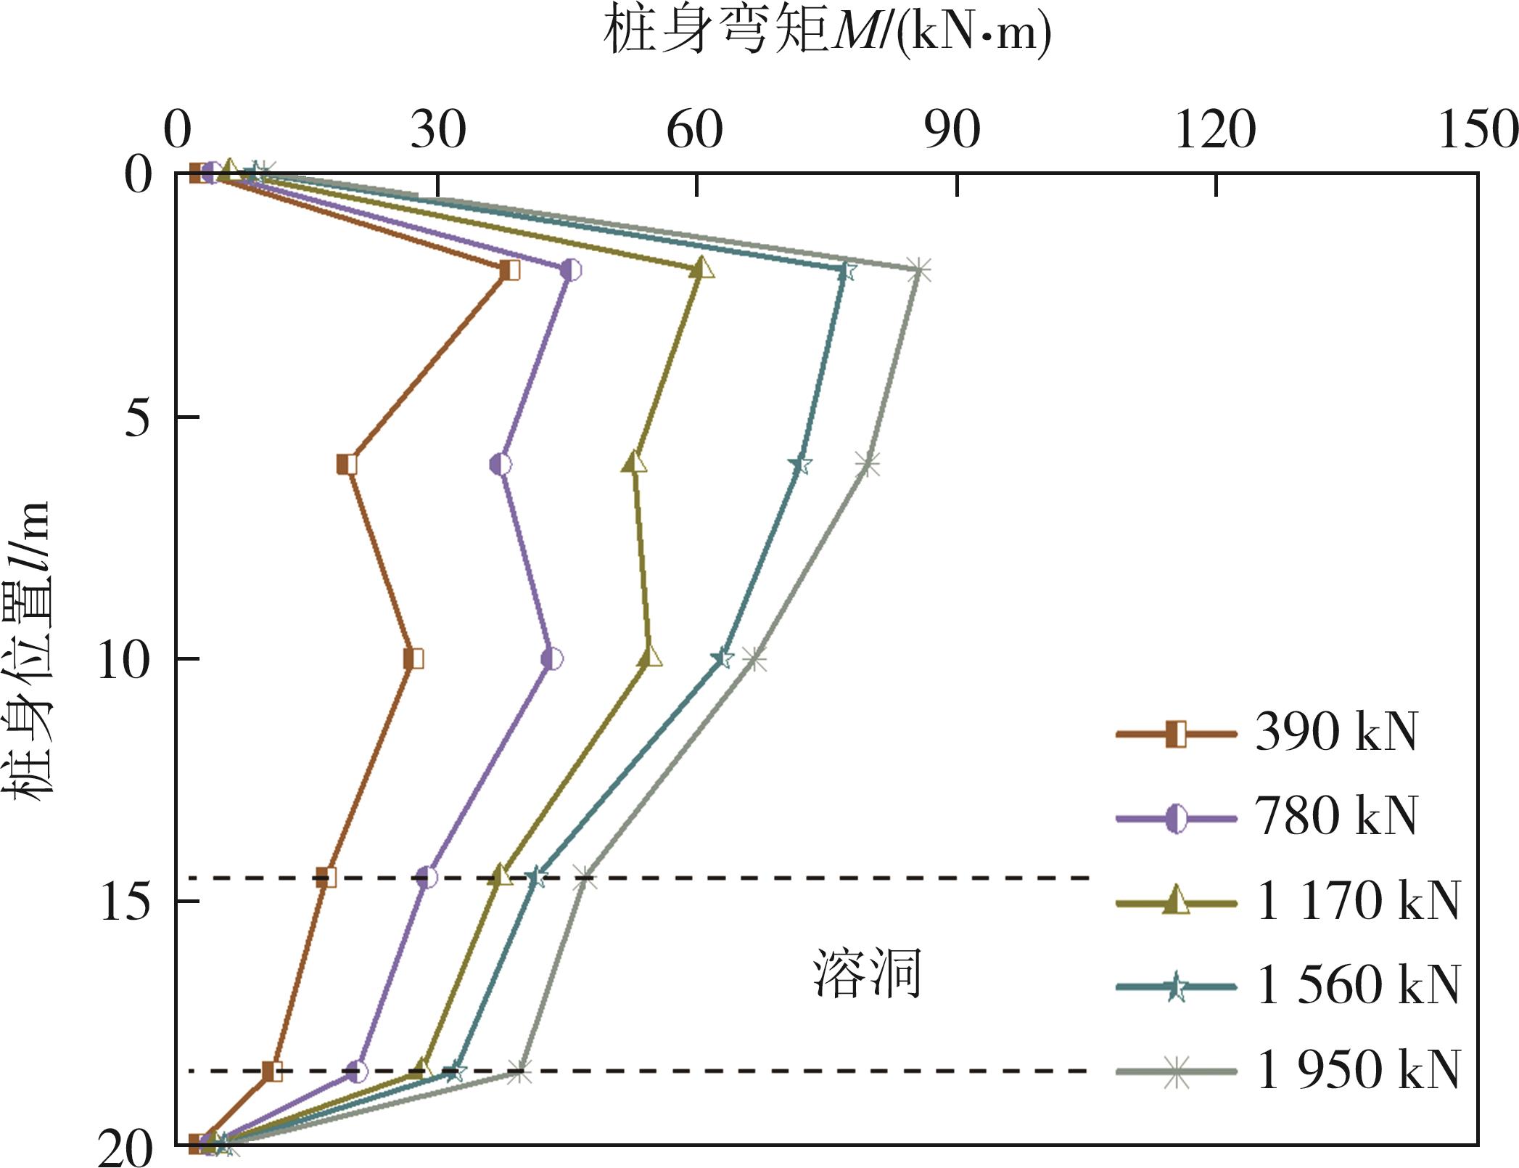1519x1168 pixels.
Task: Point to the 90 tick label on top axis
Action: tap(952, 131)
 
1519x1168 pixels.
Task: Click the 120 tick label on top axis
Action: tap(1215, 131)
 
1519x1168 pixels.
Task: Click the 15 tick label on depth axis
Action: tap(125, 902)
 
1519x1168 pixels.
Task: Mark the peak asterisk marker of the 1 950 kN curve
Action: tap(919, 270)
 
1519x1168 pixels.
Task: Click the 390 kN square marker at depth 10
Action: tap(413, 659)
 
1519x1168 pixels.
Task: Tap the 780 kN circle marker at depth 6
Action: tap(501, 464)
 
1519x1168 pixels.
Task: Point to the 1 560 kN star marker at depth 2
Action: tap(844, 271)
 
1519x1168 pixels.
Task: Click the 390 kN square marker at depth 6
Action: tap(347, 464)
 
